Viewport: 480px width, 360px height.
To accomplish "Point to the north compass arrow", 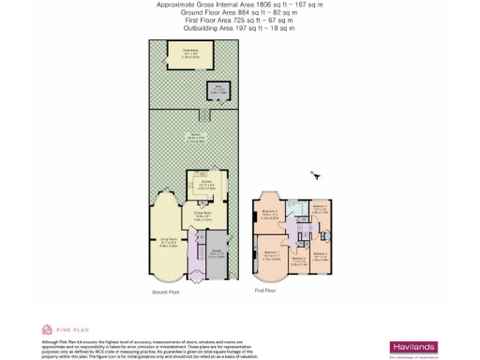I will [316, 174].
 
